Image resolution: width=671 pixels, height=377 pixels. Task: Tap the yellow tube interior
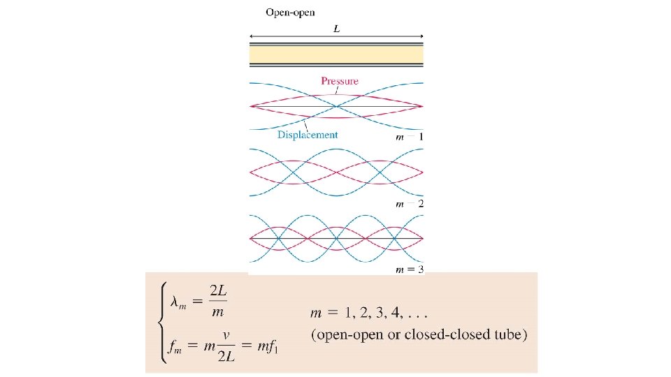(336, 54)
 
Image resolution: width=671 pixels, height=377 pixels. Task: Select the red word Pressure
(340, 81)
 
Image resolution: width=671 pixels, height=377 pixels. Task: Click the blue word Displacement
(308, 135)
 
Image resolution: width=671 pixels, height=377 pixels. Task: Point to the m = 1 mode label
(409, 138)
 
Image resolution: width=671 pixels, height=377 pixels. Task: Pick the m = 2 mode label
(409, 204)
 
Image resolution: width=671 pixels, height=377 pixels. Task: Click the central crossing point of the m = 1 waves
(337, 106)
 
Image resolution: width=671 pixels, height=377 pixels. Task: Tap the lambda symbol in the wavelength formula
(178, 302)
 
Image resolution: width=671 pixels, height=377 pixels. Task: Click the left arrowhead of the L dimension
(252, 36)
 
